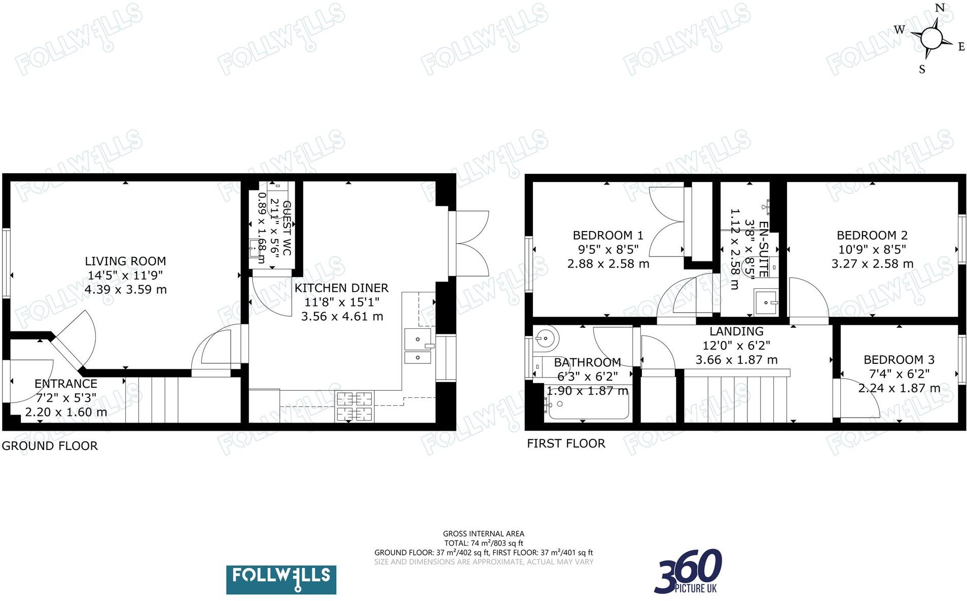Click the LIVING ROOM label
125,261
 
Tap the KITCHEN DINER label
341,288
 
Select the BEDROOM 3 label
899,360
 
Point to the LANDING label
736,331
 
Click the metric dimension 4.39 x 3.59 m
125,289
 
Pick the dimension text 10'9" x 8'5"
872,249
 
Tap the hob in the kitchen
353,407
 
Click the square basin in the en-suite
766,302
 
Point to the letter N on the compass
940,8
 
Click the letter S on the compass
922,69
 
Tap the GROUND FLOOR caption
50,446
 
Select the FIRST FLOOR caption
566,443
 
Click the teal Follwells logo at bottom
281,580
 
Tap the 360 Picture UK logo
689,572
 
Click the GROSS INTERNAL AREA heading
483,534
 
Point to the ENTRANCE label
66,384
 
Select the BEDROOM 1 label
608,235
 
